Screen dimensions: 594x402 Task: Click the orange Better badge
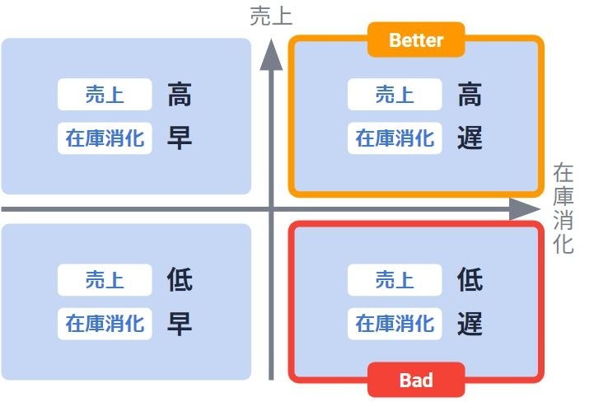point(416,40)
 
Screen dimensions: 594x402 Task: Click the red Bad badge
point(416,381)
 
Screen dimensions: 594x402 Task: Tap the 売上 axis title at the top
point(272,16)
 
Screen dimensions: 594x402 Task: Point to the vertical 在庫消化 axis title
point(564,209)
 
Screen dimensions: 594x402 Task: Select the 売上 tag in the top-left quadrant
point(105,95)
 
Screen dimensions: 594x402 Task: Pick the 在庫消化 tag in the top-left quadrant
point(105,138)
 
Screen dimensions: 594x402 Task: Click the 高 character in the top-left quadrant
point(179,95)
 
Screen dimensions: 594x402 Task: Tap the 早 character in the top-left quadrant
point(179,138)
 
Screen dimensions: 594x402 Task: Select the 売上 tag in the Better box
point(395,95)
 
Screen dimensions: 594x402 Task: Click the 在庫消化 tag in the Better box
point(395,138)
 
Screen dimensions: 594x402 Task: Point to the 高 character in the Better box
point(470,95)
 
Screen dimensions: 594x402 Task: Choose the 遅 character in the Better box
point(470,138)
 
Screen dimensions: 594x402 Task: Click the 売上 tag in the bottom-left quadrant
point(105,280)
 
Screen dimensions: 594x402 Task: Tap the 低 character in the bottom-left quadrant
point(179,280)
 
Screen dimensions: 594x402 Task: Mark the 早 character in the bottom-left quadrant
point(179,323)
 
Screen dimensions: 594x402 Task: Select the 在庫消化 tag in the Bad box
point(395,323)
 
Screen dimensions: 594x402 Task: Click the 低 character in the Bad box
point(470,280)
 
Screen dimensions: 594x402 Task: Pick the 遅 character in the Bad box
point(470,323)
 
